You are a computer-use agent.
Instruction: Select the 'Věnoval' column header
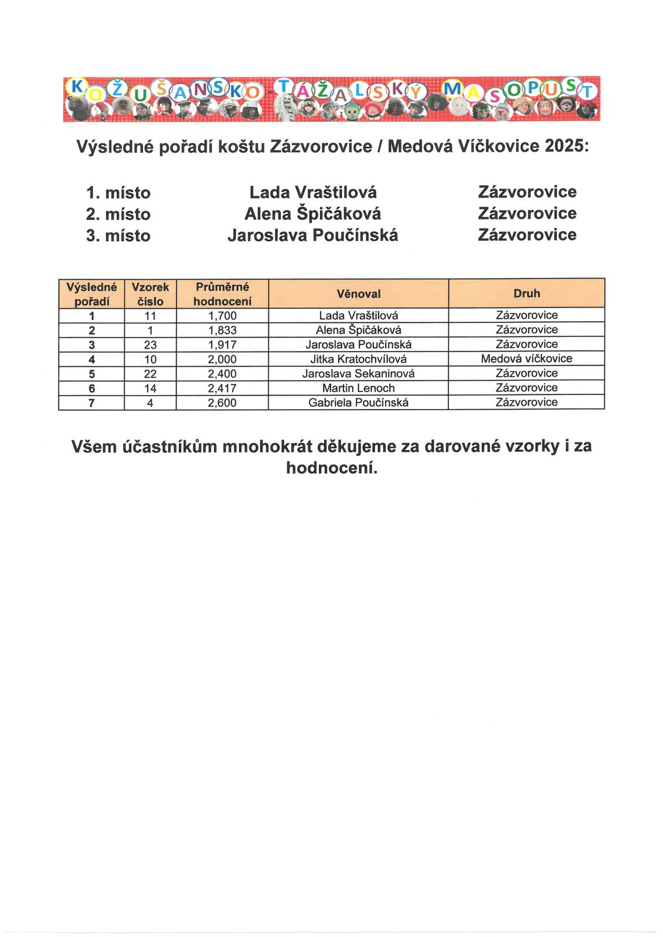pyautogui.click(x=358, y=294)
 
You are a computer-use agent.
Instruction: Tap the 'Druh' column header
pyautogui.click(x=526, y=293)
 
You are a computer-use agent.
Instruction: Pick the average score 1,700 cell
pyautogui.click(x=222, y=316)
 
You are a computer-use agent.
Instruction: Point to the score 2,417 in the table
pyautogui.click(x=222, y=389)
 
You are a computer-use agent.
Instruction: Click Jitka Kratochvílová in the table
pyautogui.click(x=358, y=359)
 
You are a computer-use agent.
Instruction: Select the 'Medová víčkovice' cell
pyautogui.click(x=526, y=359)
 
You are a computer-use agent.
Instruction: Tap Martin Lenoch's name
pyautogui.click(x=358, y=389)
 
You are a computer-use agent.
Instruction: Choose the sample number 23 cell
pyautogui.click(x=150, y=345)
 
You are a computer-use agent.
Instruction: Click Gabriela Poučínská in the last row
pyautogui.click(x=358, y=403)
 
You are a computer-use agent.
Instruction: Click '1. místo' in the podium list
pyautogui.click(x=118, y=193)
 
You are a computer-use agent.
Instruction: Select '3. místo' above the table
pyautogui.click(x=118, y=236)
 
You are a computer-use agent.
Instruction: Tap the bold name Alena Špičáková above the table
pyautogui.click(x=312, y=214)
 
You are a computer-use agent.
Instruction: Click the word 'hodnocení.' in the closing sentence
pyautogui.click(x=331, y=468)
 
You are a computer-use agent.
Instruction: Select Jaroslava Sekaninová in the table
pyautogui.click(x=358, y=374)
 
